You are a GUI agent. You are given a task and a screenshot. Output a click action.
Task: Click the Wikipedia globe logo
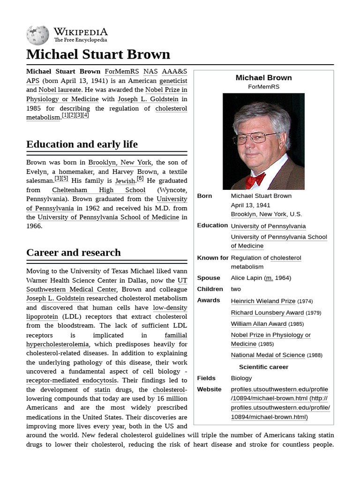[37, 35]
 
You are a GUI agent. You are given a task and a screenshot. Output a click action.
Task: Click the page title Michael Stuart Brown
[98, 54]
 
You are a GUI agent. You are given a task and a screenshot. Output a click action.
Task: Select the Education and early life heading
[82, 144]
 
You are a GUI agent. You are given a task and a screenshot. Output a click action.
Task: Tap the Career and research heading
[74, 253]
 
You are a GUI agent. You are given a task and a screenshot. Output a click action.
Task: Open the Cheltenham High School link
[98, 190]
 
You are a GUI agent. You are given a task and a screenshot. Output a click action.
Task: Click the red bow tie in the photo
[255, 180]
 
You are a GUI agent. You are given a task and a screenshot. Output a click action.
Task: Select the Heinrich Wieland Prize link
[263, 301]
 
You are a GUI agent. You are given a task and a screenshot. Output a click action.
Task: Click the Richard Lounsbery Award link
[267, 313]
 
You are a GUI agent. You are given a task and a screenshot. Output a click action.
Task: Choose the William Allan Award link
[258, 324]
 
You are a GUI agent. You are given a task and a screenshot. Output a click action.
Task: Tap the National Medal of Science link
[268, 355]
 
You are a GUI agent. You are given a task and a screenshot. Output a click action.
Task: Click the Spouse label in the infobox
[209, 278]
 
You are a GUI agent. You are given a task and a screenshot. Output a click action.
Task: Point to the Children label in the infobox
[210, 289]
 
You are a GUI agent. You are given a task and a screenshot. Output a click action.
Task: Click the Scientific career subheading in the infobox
[263, 367]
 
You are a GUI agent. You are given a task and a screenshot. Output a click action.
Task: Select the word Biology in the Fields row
[241, 378]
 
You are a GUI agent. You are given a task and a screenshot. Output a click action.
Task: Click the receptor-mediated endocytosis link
[72, 381]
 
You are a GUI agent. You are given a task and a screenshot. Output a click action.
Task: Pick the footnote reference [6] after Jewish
[140, 179]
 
